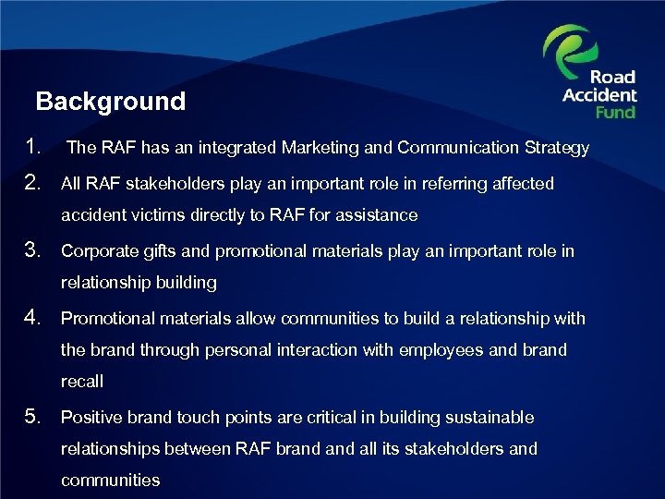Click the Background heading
pos(110,102)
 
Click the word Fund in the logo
pos(615,112)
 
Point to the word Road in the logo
pos(612,78)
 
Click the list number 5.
pos(35,417)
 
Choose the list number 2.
pos(35,183)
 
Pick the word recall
pos(82,382)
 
